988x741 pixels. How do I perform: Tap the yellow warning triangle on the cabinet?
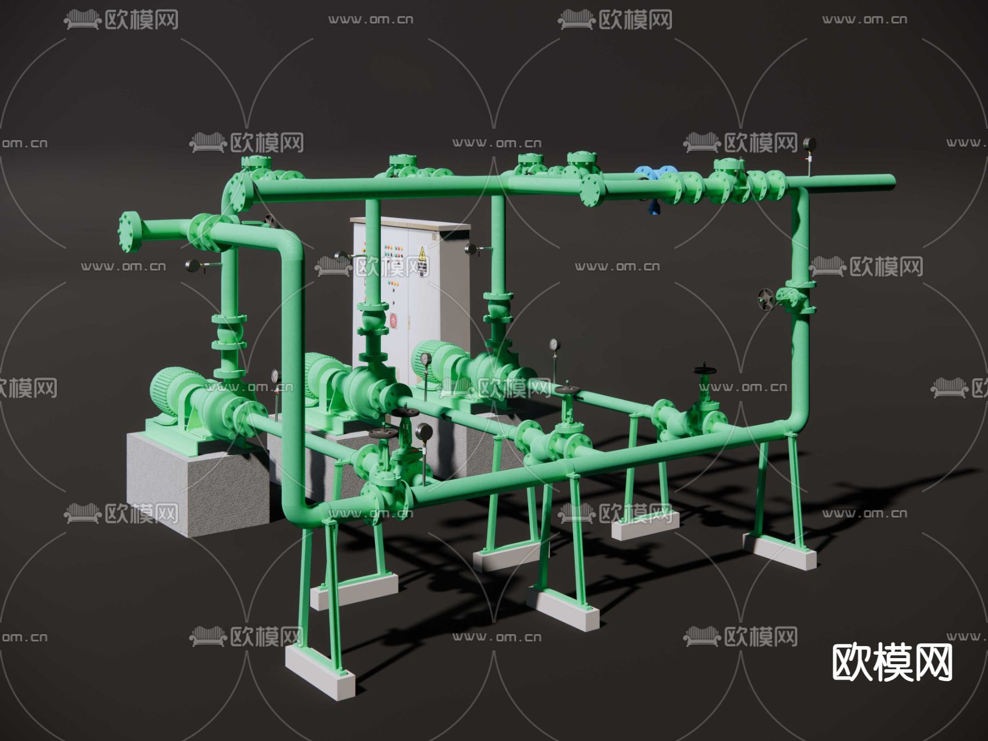(422, 254)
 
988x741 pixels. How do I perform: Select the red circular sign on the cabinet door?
(393, 321)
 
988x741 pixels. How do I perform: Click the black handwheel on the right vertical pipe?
(766, 300)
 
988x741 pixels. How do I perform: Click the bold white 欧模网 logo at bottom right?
(892, 663)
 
